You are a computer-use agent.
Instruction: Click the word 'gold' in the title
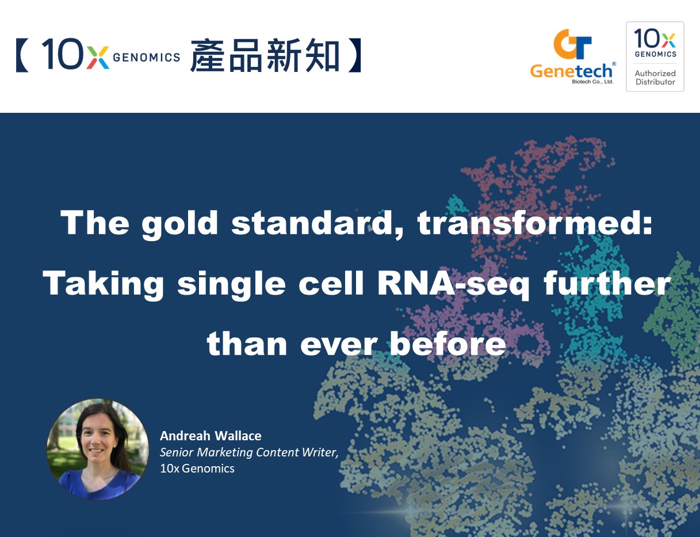coord(179,224)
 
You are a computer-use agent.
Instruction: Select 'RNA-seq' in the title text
coord(453,283)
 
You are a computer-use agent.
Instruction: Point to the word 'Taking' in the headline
coord(103,284)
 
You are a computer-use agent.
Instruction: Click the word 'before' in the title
coord(447,343)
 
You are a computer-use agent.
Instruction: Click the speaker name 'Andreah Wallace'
coord(211,436)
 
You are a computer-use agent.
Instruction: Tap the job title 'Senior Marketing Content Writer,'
coord(249,452)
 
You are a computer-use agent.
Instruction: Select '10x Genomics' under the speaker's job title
coord(197,469)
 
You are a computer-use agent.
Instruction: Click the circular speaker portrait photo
coord(98,450)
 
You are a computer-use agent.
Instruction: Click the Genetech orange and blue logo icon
coord(572,44)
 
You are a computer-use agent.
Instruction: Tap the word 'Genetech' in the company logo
coord(571,71)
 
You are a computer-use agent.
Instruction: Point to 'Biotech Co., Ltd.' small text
coord(592,82)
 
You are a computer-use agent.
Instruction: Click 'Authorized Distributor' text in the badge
coord(655,78)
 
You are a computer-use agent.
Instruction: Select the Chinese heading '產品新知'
coord(265,55)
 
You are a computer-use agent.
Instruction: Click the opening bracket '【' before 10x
coord(22,55)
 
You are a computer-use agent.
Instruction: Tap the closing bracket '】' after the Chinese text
coord(355,55)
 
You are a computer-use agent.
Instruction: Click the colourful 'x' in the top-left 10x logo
coord(98,58)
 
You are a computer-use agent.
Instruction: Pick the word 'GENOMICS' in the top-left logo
coord(146,58)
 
